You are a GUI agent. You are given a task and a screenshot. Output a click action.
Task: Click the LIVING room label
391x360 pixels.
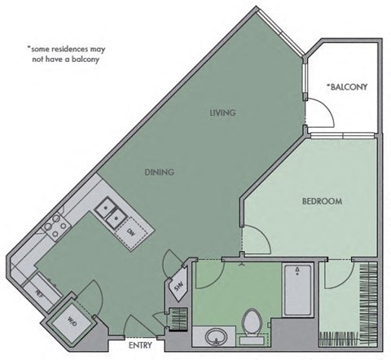[222, 113]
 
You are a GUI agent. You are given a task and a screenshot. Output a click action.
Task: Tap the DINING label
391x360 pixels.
[160, 172]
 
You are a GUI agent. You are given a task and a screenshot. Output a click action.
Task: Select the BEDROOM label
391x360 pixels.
[321, 201]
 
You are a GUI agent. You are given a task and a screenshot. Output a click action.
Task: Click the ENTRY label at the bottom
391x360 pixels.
[141, 345]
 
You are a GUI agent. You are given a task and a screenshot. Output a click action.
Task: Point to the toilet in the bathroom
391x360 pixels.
[252, 321]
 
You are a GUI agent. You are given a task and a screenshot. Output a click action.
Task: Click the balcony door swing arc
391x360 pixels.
[320, 114]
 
